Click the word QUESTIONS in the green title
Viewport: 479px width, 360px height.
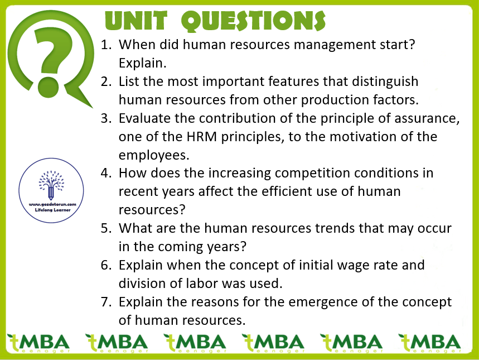[253, 21]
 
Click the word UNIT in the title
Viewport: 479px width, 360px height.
[136, 21]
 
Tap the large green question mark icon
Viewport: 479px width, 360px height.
[50, 58]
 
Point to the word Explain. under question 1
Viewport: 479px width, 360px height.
[142, 63]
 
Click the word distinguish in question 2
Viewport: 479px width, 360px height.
[385, 82]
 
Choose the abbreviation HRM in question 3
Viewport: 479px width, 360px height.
[202, 137]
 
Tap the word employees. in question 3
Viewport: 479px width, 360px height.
[154, 155]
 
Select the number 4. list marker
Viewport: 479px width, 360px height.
[107, 173]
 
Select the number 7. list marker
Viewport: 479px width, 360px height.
[107, 302]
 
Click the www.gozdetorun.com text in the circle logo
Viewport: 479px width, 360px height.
[52, 204]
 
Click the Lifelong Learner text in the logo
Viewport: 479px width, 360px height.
[52, 210]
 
